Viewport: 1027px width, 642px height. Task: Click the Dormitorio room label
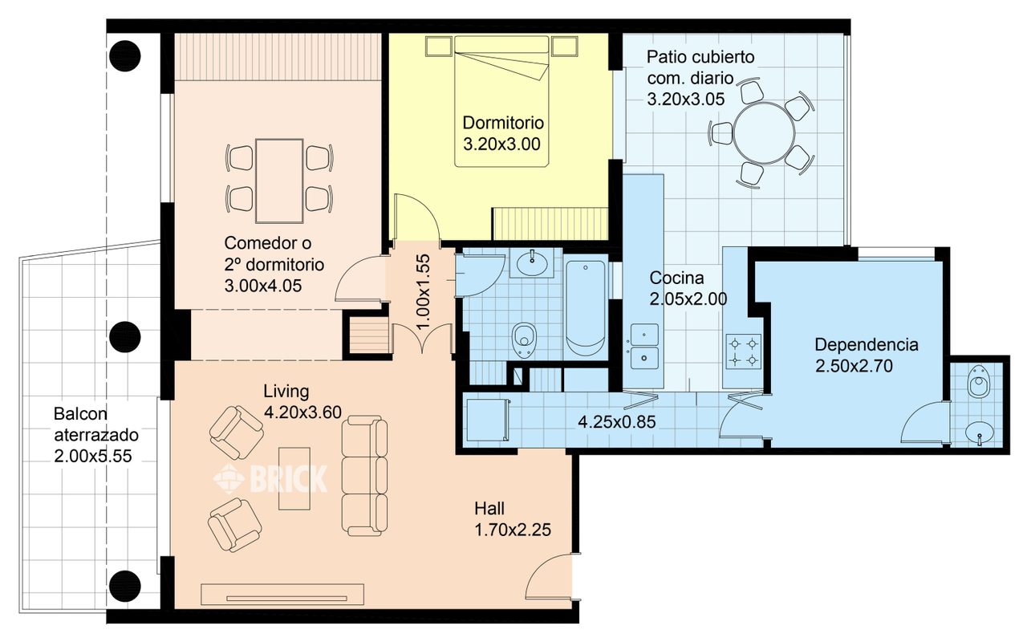point(503,123)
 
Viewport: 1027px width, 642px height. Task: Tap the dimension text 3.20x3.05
point(685,99)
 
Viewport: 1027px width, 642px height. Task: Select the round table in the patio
point(765,133)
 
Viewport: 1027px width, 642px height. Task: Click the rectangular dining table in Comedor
point(279,181)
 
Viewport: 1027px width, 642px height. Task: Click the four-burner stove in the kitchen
point(743,351)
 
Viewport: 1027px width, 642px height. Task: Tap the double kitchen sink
point(644,346)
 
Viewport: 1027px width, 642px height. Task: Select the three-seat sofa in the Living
point(365,476)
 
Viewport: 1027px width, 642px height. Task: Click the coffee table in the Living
point(294,479)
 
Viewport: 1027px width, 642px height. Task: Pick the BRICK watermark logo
point(270,478)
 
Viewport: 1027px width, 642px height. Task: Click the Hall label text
point(489,509)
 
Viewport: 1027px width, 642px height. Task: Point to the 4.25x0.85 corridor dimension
point(617,422)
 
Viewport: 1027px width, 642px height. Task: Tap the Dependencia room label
point(866,345)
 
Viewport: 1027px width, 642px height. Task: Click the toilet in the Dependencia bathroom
point(978,381)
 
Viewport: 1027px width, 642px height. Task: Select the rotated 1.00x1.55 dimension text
point(423,291)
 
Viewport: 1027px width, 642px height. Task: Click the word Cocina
point(676,278)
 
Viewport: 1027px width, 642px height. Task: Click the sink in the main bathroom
point(532,262)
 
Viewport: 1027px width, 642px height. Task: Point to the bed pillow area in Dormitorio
point(501,45)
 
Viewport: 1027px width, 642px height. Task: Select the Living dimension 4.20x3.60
point(302,412)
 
